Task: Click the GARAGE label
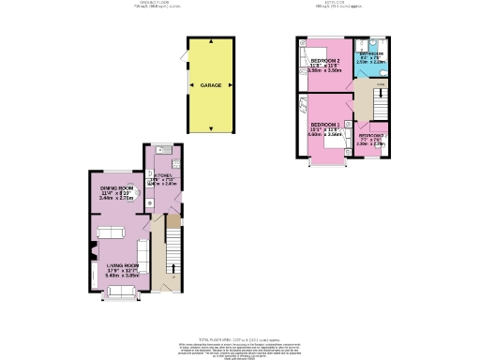(x=211, y=85)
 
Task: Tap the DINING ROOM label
(x=119, y=189)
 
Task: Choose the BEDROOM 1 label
(x=325, y=125)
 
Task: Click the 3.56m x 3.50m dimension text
(x=324, y=71)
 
